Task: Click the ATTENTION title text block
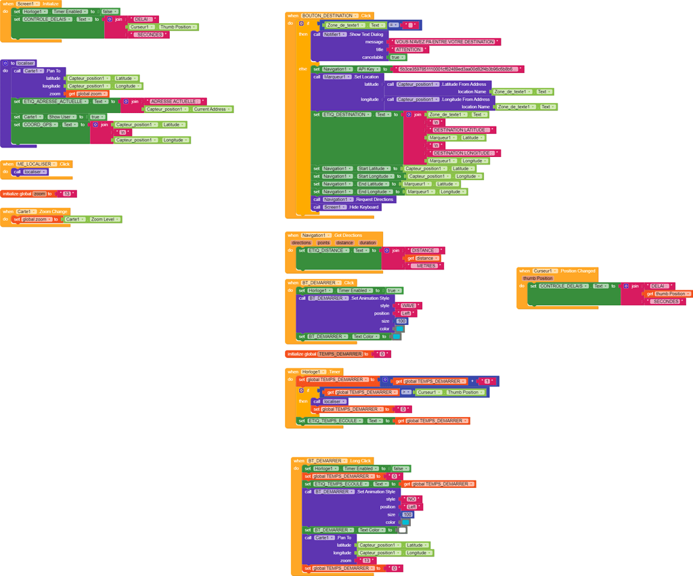(409, 49)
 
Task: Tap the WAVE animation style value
(408, 306)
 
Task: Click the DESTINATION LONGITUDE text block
(462, 153)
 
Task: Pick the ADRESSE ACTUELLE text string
(175, 102)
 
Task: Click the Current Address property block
(209, 109)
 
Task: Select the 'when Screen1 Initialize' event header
(31, 4)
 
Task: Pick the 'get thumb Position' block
(669, 294)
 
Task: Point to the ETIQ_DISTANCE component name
(327, 250)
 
